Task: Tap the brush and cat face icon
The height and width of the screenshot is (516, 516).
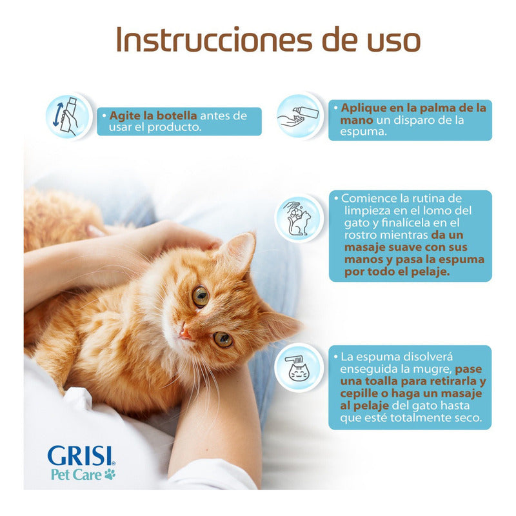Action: (297, 367)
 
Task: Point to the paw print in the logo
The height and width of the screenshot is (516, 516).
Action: (110, 475)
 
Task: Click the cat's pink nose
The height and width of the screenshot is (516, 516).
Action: (185, 333)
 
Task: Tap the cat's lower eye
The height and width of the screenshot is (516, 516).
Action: (223, 339)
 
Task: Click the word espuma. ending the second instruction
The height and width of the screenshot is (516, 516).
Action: (367, 132)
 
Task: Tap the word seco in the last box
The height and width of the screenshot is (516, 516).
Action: (466, 418)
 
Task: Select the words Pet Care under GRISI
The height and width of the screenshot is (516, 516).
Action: (75, 475)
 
